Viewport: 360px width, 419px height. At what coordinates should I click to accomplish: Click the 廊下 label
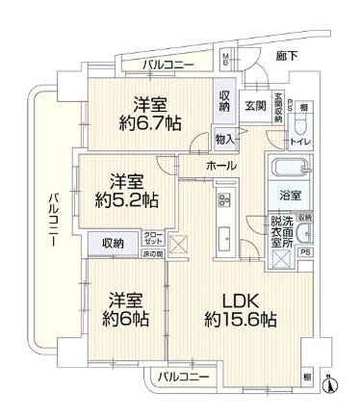286,57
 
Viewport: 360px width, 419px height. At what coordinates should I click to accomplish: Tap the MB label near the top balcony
227,61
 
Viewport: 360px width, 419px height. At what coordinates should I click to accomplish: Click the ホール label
220,166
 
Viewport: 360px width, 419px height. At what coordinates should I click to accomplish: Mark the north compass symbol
332,384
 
